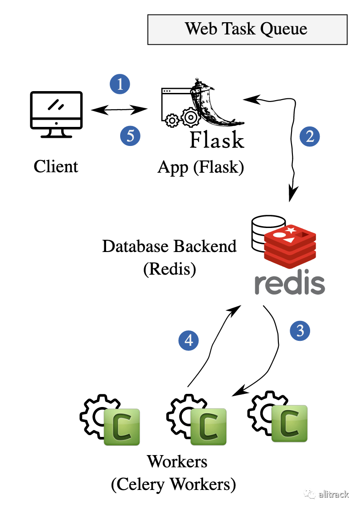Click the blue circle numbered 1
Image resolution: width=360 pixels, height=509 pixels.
tap(120, 84)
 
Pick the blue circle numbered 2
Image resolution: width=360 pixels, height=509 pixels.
tap(310, 136)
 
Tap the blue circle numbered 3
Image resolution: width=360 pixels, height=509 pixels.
tap(300, 331)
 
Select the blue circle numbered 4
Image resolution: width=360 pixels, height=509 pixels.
tap(189, 340)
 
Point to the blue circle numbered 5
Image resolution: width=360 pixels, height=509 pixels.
tap(130, 136)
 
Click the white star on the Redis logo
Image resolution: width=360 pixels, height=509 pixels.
tap(291, 230)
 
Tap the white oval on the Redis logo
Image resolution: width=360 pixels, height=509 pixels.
tap(279, 235)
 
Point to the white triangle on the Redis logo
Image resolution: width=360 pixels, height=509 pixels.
tap(289, 240)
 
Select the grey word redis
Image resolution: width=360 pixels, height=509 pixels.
tap(289, 284)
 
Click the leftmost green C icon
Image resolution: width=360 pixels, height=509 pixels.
tap(122, 427)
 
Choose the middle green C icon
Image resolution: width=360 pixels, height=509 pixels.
tap(208, 427)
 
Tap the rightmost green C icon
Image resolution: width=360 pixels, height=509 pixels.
tap(289, 423)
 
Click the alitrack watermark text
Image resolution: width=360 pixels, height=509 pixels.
tap(333, 494)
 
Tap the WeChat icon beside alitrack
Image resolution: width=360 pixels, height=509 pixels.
tap(310, 494)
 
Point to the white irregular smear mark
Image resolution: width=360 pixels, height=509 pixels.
tap(243, 102)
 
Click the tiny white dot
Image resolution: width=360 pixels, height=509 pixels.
tap(191, 117)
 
